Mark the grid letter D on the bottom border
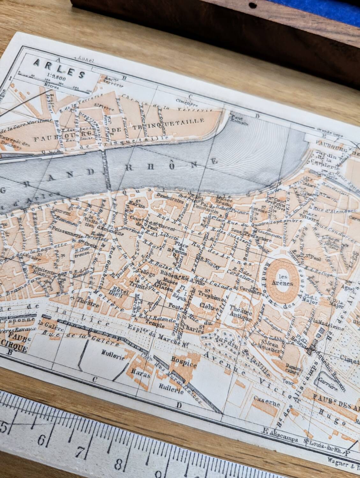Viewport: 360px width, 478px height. pos(179,405)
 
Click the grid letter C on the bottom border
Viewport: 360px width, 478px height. pos(95,379)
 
